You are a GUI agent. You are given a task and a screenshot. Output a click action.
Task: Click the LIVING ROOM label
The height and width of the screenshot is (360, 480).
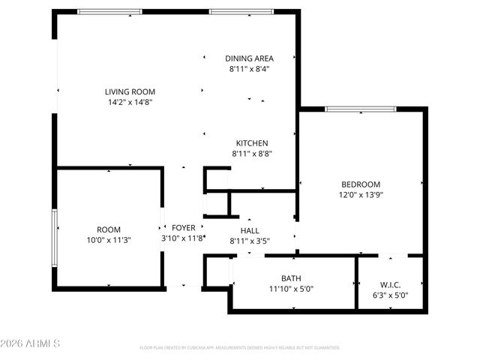[130, 91]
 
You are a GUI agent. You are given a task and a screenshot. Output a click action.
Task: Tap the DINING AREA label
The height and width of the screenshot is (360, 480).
[250, 58]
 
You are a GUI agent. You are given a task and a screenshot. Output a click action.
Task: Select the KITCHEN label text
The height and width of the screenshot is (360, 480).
[252, 143]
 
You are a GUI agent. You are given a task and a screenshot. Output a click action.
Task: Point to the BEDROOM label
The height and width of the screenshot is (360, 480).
[361, 184]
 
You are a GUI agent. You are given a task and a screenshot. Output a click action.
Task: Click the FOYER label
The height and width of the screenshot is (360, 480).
[184, 228]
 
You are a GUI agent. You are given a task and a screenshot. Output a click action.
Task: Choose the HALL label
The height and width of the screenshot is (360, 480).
[250, 231]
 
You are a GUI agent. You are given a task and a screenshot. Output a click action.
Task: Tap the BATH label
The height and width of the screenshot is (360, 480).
[291, 278]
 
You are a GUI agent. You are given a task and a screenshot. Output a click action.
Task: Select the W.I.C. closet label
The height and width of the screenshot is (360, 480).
[390, 285]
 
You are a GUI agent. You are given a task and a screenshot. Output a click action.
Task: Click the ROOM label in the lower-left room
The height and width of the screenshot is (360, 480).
[108, 230]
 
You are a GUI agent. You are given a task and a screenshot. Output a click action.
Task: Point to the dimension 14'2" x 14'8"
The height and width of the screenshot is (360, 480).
[130, 102]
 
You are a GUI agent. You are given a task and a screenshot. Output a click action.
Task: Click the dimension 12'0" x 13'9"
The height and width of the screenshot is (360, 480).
[361, 195]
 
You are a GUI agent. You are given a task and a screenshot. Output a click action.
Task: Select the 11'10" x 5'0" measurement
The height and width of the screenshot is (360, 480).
[291, 289]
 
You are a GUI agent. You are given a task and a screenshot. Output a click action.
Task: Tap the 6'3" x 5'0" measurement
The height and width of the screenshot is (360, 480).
[390, 295]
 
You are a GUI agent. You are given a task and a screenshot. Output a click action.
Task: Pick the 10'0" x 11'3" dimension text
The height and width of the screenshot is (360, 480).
[108, 241]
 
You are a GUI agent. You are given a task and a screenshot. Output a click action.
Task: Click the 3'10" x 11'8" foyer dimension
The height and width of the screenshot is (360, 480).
[184, 238]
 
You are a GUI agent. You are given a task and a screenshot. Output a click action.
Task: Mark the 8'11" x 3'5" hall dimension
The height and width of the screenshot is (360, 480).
[250, 241]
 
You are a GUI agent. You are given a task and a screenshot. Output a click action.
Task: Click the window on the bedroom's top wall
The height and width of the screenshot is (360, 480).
[361, 109]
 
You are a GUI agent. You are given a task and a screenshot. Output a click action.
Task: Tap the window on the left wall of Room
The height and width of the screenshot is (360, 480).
[54, 238]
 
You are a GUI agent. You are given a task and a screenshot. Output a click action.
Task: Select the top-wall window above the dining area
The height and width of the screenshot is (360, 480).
[236, 12]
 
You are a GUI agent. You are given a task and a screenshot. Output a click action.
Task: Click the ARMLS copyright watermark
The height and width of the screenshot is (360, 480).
[30, 343]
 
